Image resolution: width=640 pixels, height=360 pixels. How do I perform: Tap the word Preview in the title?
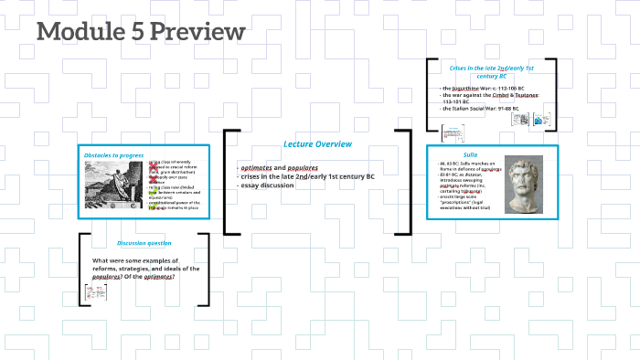(197, 32)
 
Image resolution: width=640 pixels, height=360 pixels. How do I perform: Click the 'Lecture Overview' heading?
(317, 144)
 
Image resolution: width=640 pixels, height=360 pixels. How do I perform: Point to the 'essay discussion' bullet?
(268, 185)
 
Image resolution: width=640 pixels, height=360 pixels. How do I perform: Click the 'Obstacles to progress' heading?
(113, 155)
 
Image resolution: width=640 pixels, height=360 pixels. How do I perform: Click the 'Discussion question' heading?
(144, 243)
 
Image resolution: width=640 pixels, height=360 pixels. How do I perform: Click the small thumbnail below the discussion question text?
(91, 291)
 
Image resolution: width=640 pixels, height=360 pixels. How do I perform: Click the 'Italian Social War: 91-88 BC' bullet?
(481, 108)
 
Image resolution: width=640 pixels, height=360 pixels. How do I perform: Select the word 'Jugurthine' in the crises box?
(467, 88)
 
